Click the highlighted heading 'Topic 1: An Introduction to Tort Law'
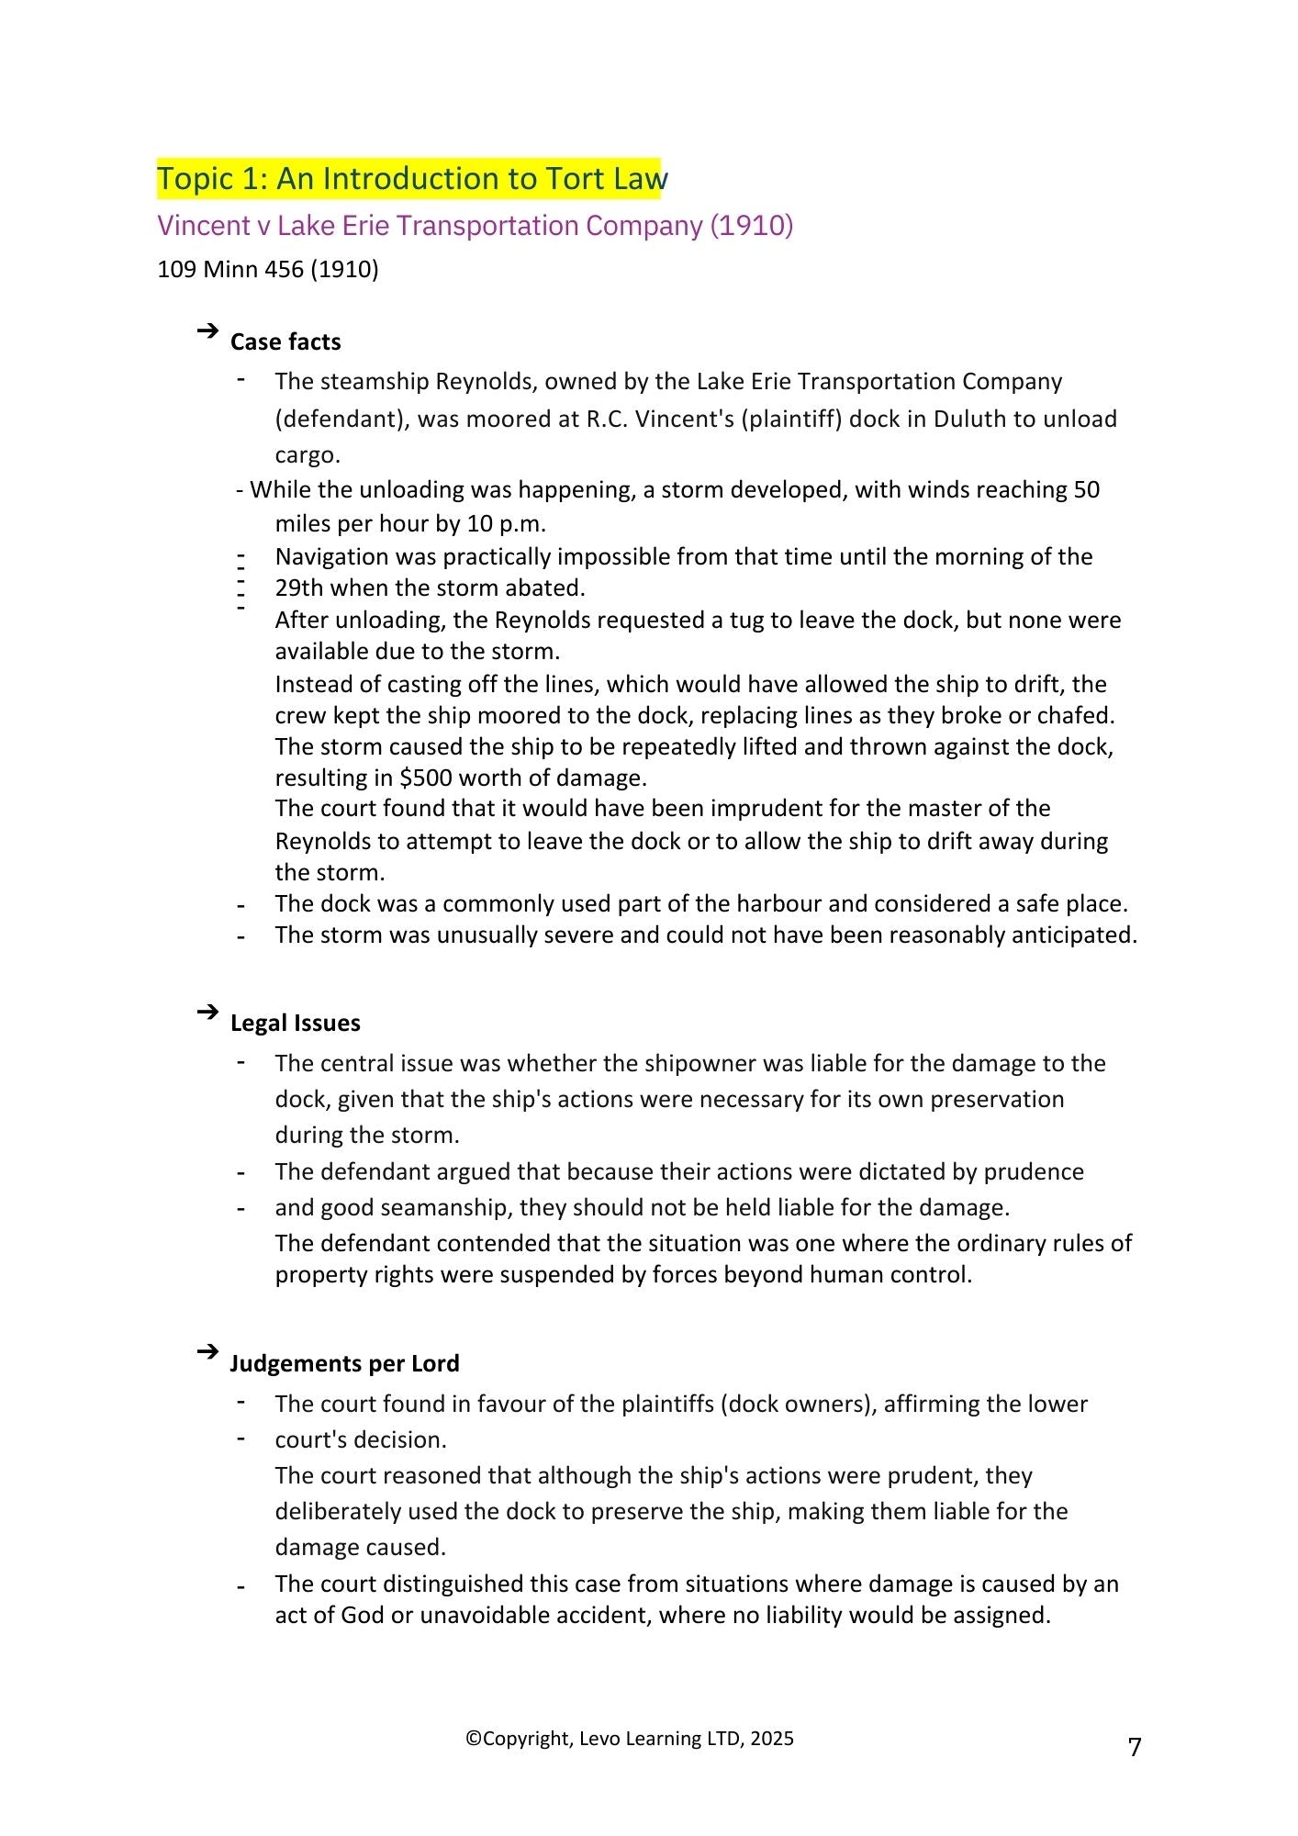coord(411,178)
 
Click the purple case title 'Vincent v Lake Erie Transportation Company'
coord(475,226)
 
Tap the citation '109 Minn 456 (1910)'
coord(268,270)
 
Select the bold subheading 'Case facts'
coord(285,342)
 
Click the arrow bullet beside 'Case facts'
coord(207,330)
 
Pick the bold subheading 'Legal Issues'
coord(295,1024)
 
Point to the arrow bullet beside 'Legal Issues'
coord(207,1012)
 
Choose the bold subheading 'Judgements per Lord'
coord(344,1364)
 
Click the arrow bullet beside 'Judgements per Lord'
coord(207,1352)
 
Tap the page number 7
coord(1135,1747)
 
